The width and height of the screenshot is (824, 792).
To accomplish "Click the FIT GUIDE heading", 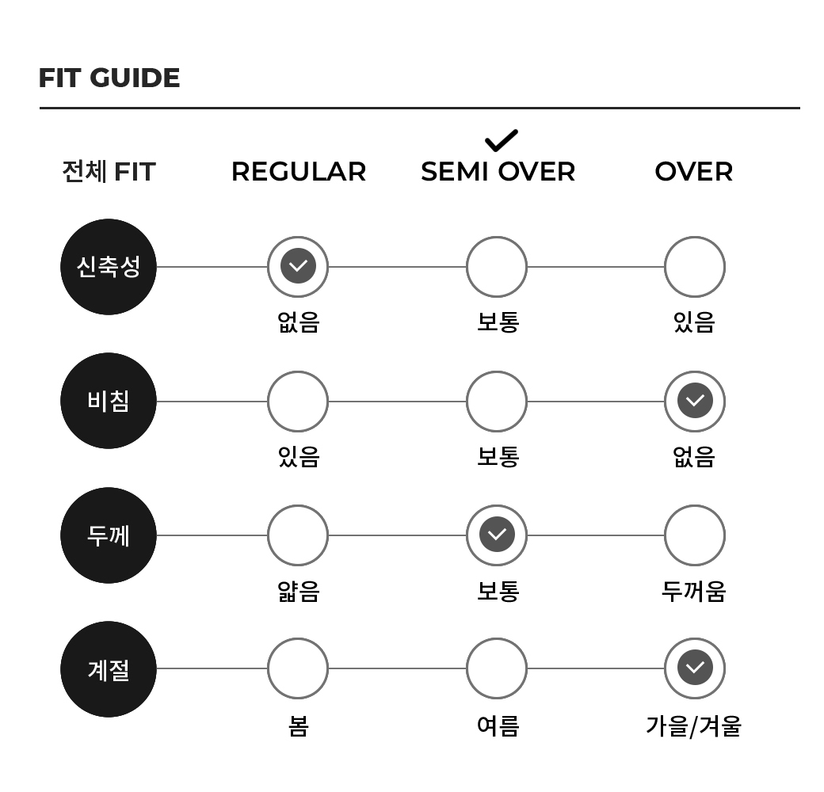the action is [x=109, y=78].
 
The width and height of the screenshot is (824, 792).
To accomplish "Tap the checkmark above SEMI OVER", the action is [x=502, y=141].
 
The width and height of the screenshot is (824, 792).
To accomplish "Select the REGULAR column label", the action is [x=299, y=172].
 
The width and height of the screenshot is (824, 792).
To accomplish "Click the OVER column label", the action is [x=694, y=172].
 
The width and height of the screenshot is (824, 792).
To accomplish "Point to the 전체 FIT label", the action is [x=109, y=172].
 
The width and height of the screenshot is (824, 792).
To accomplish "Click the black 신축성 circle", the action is [x=109, y=267].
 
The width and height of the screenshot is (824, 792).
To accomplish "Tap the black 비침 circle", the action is [x=109, y=401].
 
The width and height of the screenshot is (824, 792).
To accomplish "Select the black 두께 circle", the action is [x=109, y=535].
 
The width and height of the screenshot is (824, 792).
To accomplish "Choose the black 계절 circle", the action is [x=109, y=669].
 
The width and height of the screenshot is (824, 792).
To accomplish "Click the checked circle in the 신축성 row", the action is [x=298, y=266].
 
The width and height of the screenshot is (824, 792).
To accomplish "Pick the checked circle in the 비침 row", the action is [x=695, y=402].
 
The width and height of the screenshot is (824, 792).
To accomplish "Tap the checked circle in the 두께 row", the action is [x=497, y=535].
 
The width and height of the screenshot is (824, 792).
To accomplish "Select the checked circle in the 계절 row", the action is [x=695, y=668].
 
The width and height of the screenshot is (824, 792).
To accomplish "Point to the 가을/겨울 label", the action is [x=694, y=726].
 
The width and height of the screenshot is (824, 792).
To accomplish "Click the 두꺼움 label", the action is [x=694, y=592].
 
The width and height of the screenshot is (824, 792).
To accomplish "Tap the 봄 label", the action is [x=298, y=726].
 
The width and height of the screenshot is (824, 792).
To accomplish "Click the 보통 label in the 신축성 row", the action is [x=498, y=322].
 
